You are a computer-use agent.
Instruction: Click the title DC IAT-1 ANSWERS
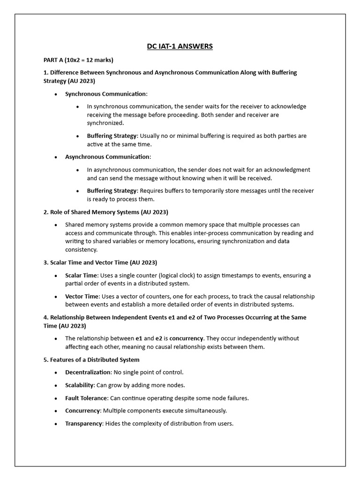[180, 46]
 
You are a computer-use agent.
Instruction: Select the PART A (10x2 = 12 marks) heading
[78, 60]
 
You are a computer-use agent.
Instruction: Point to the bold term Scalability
[80, 385]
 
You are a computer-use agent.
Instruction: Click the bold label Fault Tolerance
[86, 398]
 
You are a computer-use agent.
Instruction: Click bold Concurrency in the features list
[82, 411]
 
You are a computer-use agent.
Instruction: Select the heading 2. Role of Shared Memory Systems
[105, 212]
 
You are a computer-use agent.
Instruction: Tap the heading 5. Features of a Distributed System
[91, 360]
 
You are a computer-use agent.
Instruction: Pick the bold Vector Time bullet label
[82, 296]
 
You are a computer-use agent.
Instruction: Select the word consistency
[81, 250]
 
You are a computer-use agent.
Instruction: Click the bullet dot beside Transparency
[56, 424]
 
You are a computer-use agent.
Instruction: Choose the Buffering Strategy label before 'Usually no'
[112, 135]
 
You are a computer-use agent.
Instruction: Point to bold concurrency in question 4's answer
[187, 338]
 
